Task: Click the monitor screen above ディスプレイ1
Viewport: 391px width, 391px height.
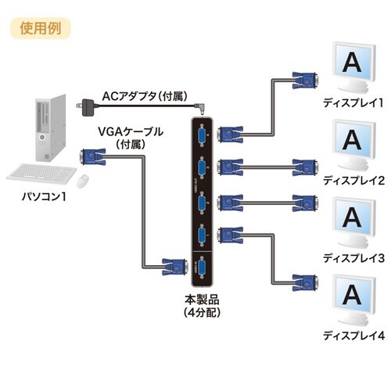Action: click(352, 61)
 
